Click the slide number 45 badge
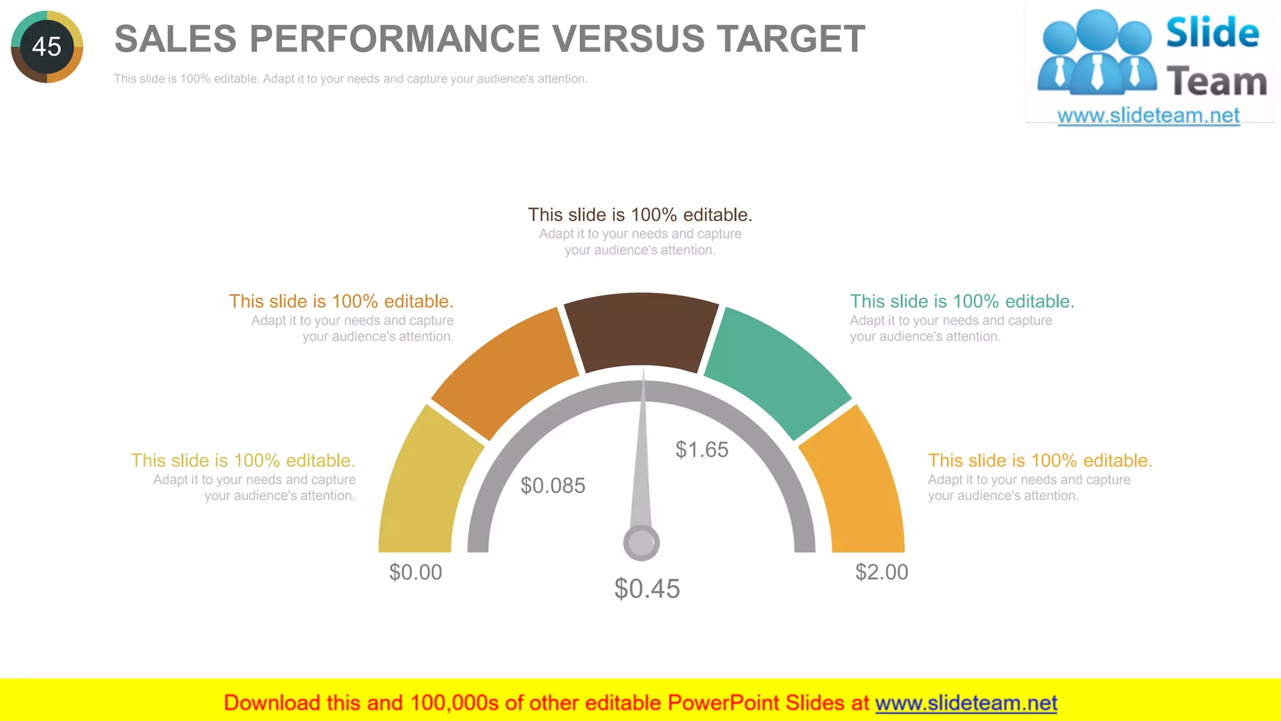click(x=47, y=46)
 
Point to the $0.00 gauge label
click(x=415, y=572)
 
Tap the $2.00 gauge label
click(x=881, y=572)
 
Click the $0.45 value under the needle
click(x=647, y=589)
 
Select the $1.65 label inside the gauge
click(x=702, y=449)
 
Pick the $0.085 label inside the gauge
click(x=553, y=486)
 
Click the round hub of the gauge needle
click(x=641, y=542)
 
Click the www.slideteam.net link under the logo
click(x=1148, y=115)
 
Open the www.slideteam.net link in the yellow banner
click(x=966, y=703)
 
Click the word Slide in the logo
click(x=1212, y=33)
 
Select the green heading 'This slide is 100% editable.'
click(x=962, y=301)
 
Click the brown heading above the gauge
click(x=640, y=215)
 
